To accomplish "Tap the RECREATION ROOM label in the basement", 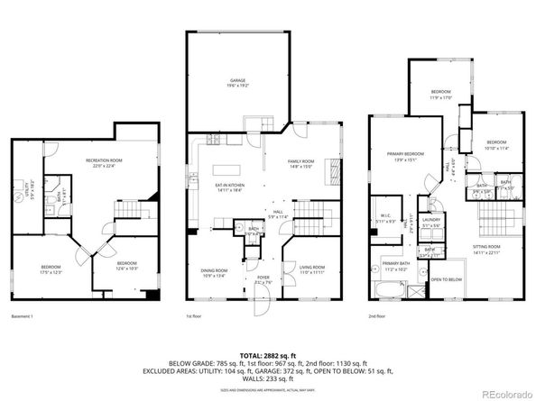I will pos(104,161).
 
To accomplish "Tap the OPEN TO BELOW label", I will pos(447,280).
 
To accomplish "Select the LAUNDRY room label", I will pos(430,220).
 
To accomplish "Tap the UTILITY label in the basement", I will pos(28,190).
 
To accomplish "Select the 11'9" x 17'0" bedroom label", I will pos(440,94).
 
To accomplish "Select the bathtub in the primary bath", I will pos(388,291).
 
